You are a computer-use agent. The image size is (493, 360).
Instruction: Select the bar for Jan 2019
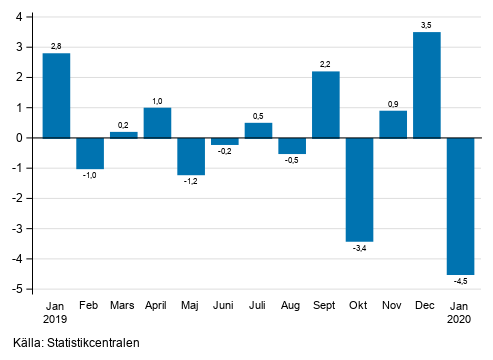[56, 95]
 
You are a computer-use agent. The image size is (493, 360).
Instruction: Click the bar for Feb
[90, 153]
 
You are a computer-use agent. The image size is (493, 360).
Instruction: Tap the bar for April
[157, 122]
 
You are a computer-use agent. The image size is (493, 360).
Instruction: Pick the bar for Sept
[326, 104]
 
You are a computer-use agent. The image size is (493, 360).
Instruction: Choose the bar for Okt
[359, 189]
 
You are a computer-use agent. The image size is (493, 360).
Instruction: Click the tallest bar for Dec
[427, 85]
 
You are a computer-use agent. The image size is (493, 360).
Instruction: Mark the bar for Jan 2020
[461, 206]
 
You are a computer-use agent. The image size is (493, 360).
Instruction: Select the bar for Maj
[191, 156]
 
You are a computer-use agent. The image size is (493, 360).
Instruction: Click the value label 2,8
[56, 46]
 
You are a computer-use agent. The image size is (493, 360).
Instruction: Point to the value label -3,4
[359, 249]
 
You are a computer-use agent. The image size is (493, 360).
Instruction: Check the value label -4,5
[461, 282]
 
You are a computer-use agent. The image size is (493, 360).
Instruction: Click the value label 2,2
[326, 64]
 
